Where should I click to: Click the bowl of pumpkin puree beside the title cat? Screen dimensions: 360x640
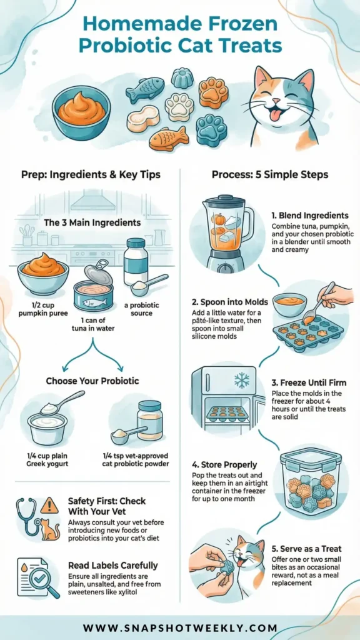pyautogui.click(x=81, y=112)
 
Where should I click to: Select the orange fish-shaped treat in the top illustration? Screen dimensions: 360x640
pyautogui.click(x=167, y=139)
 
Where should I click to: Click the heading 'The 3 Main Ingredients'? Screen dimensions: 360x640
pyautogui.click(x=92, y=223)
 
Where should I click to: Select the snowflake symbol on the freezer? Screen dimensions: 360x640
pyautogui.click(x=242, y=379)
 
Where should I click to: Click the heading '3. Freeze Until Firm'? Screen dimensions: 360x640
pyautogui.click(x=309, y=383)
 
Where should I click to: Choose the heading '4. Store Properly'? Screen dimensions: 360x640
pyautogui.click(x=224, y=464)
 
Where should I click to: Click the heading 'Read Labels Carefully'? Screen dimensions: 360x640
pyautogui.click(x=112, y=565)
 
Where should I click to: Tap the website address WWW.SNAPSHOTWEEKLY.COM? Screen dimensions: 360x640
pyautogui.click(x=180, y=627)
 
